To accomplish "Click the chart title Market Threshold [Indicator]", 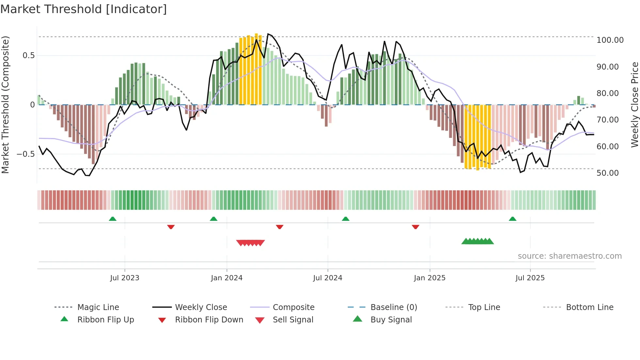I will click(x=84, y=9).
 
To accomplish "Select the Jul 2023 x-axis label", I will click(x=124, y=278).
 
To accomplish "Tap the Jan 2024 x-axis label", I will click(x=227, y=278).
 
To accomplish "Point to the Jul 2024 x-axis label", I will click(x=328, y=278).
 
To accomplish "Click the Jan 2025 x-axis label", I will click(x=429, y=278).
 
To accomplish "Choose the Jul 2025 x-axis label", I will click(x=530, y=278).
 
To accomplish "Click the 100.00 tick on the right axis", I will click(x=610, y=40).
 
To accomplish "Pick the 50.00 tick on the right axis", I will click(x=607, y=173).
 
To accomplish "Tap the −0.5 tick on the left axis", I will click(x=25, y=154).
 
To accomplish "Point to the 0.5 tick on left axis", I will click(x=28, y=56).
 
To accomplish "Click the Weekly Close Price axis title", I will click(x=634, y=105).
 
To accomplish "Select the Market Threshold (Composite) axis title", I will click(x=5, y=105).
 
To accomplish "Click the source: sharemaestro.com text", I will click(x=569, y=256).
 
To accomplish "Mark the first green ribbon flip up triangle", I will click(x=113, y=219).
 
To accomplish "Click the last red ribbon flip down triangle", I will click(x=415, y=227).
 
